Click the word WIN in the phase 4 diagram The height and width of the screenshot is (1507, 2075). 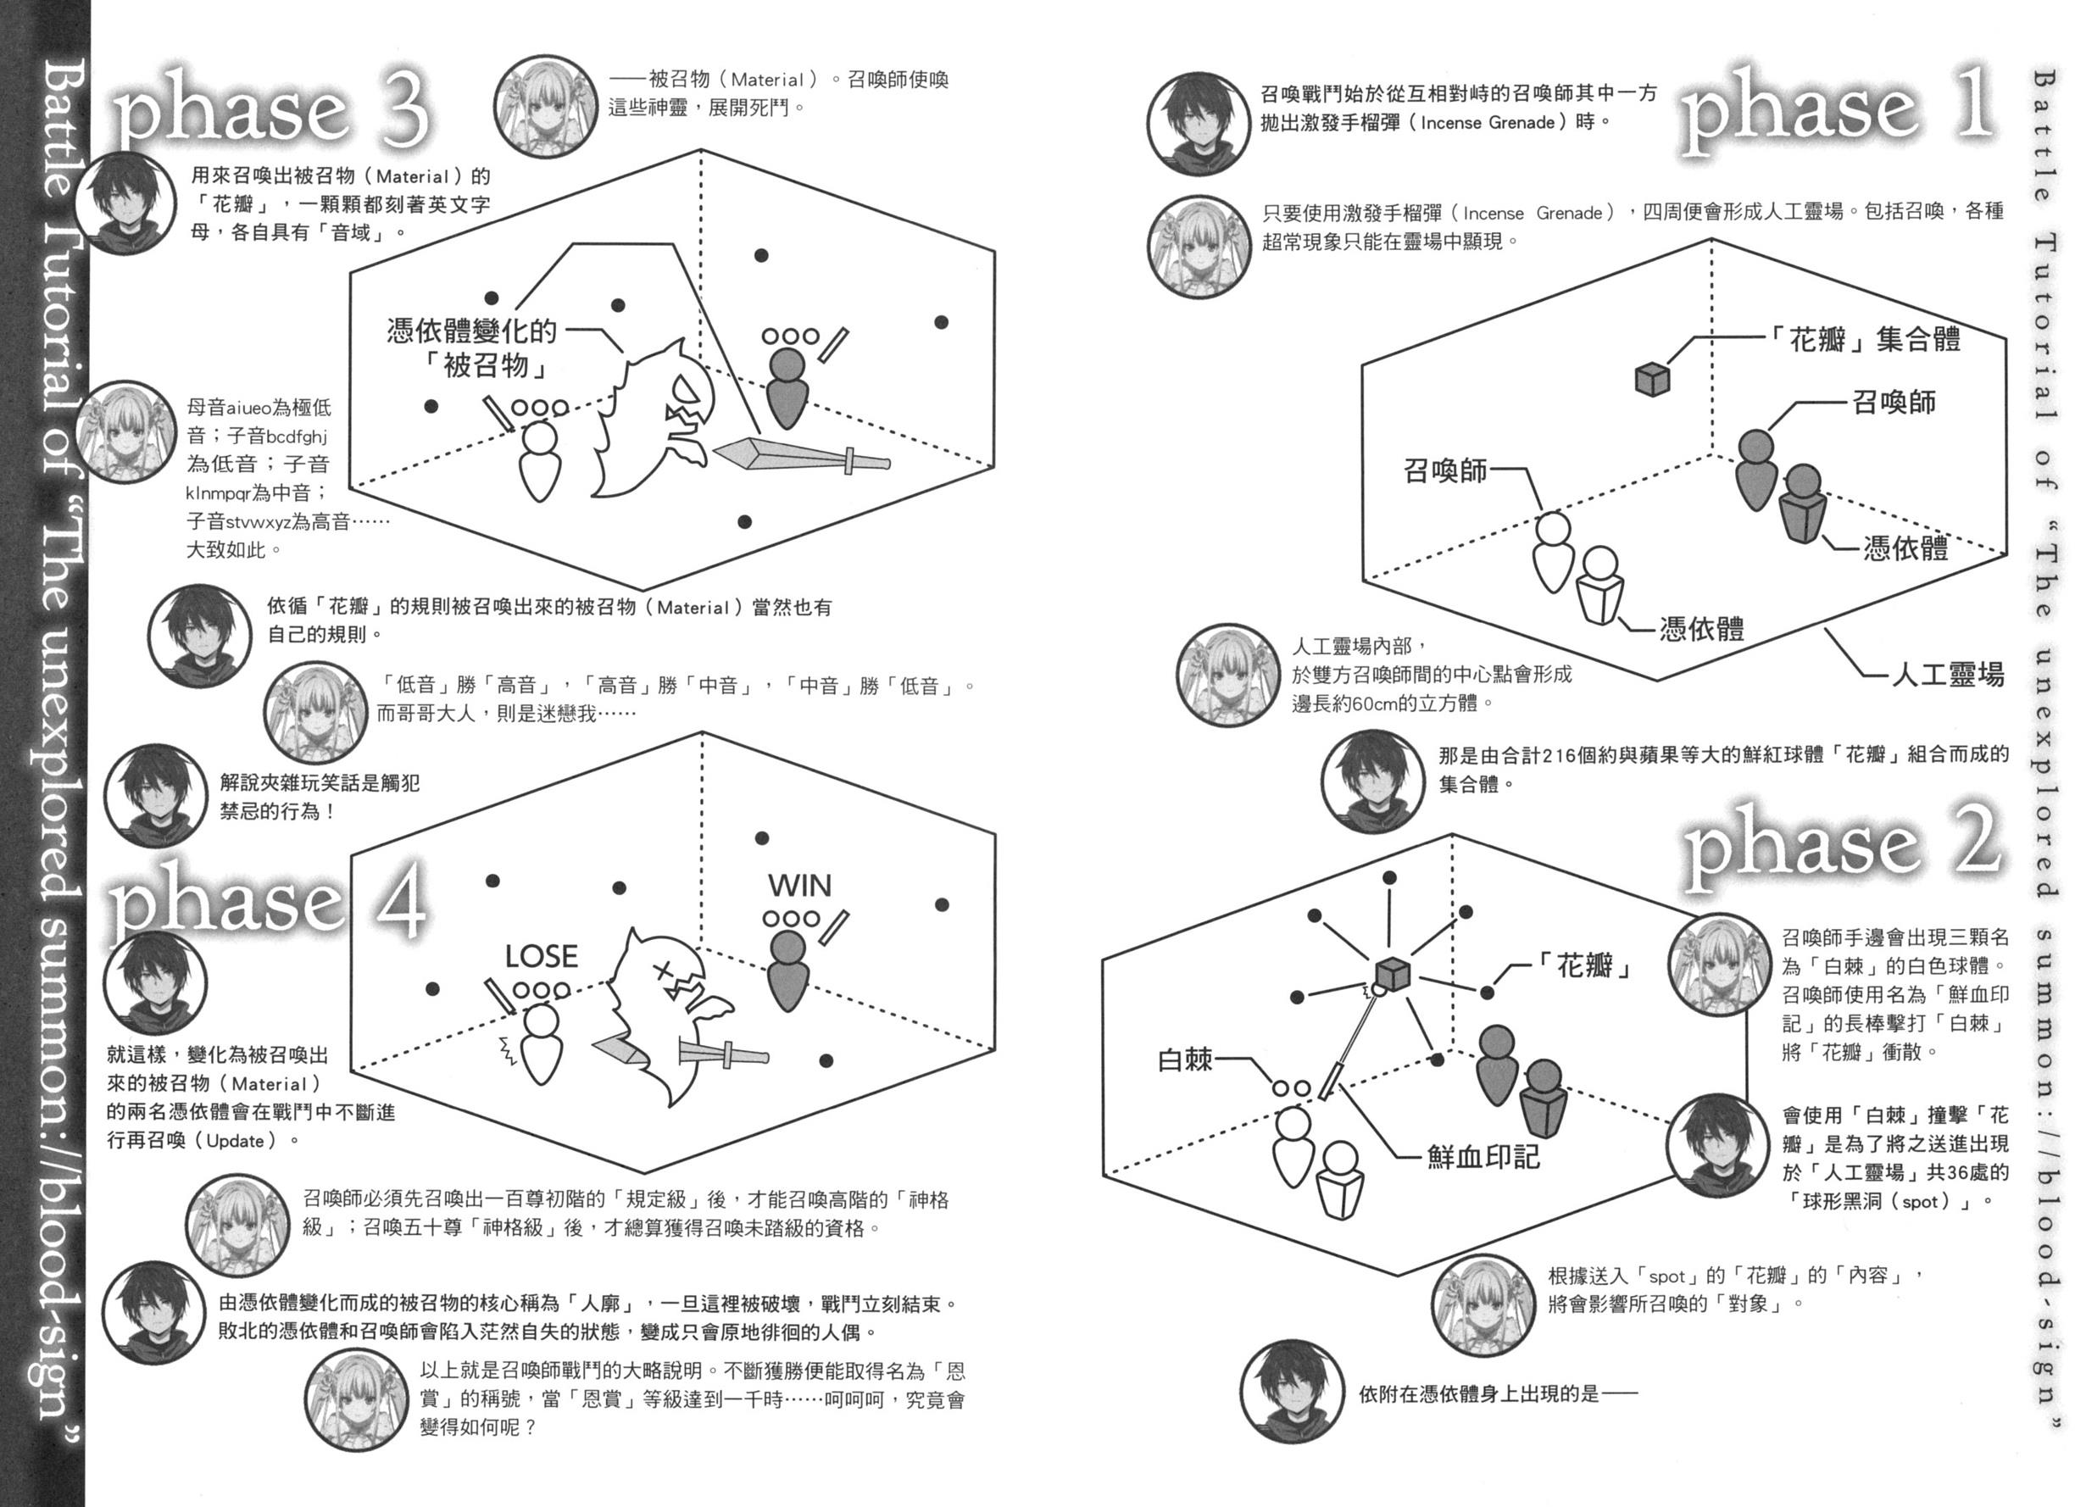pos(799,886)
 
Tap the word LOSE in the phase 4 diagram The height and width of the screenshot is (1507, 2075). pos(541,957)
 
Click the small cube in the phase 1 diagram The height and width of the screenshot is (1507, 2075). pos(1652,379)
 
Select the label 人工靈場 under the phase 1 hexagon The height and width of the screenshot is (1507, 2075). pos(1947,676)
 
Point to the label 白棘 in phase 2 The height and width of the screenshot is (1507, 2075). pos(1185,1060)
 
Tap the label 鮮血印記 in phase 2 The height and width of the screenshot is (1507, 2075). pos(1483,1157)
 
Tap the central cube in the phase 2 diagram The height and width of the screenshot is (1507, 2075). pos(1392,976)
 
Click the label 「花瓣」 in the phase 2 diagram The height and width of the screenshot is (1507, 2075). pos(1588,966)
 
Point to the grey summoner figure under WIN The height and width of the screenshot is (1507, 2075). pos(787,970)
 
